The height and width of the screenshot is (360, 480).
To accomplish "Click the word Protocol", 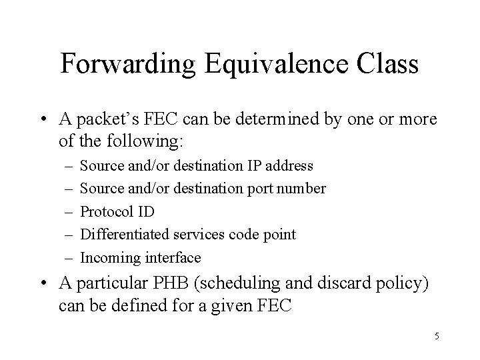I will pyautogui.click(x=105, y=212).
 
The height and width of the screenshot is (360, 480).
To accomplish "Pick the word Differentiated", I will pyautogui.click(x=125, y=235).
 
